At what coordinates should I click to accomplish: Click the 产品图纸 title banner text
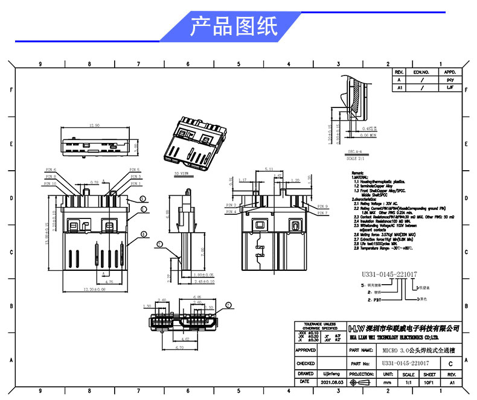pyautogui.click(x=234, y=27)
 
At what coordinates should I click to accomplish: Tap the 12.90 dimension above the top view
pyautogui.click(x=94, y=125)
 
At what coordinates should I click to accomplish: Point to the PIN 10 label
pyautogui.click(x=50, y=183)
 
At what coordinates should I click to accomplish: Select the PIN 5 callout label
pyautogui.click(x=135, y=170)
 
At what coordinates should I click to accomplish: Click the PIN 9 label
pyautogui.click(x=322, y=206)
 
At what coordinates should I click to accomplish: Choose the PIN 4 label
pyautogui.click(x=231, y=212)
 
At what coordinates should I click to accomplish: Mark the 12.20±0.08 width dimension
pyautogui.click(x=94, y=289)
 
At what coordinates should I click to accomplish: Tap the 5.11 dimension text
pyautogui.click(x=269, y=169)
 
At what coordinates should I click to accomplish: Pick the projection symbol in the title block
pyautogui.click(x=362, y=383)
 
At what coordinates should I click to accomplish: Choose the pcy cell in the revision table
pyautogui.click(x=449, y=79)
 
